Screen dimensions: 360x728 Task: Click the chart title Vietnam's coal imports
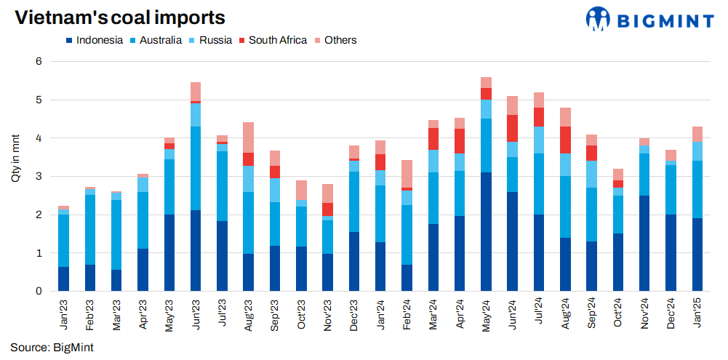120,18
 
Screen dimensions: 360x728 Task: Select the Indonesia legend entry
94,41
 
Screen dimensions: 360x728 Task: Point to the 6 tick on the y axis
40,62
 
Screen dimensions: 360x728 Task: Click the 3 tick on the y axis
40,177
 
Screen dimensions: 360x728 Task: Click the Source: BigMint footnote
52,348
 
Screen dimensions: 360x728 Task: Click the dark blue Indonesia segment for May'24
487,232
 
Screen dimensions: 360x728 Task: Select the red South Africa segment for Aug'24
566,140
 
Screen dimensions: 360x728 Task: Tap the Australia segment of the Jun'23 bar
196,169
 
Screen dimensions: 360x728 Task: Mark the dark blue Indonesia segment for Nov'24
644,244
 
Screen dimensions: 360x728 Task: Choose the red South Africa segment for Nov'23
327,209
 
